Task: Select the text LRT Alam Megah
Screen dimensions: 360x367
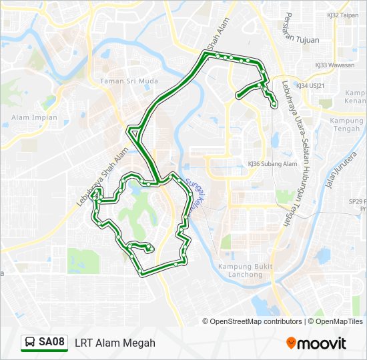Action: point(115,343)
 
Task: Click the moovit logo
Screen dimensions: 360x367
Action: point(316,343)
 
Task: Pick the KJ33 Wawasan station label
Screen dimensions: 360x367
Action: point(335,65)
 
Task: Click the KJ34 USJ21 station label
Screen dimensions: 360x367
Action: point(310,86)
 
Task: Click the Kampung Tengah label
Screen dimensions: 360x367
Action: point(345,125)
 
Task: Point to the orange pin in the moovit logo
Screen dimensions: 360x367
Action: point(291,343)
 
